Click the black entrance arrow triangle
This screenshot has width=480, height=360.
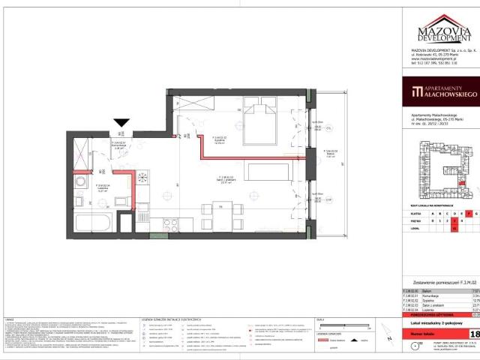pos(121,124)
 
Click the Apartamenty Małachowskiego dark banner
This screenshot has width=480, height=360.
pos(439,91)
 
